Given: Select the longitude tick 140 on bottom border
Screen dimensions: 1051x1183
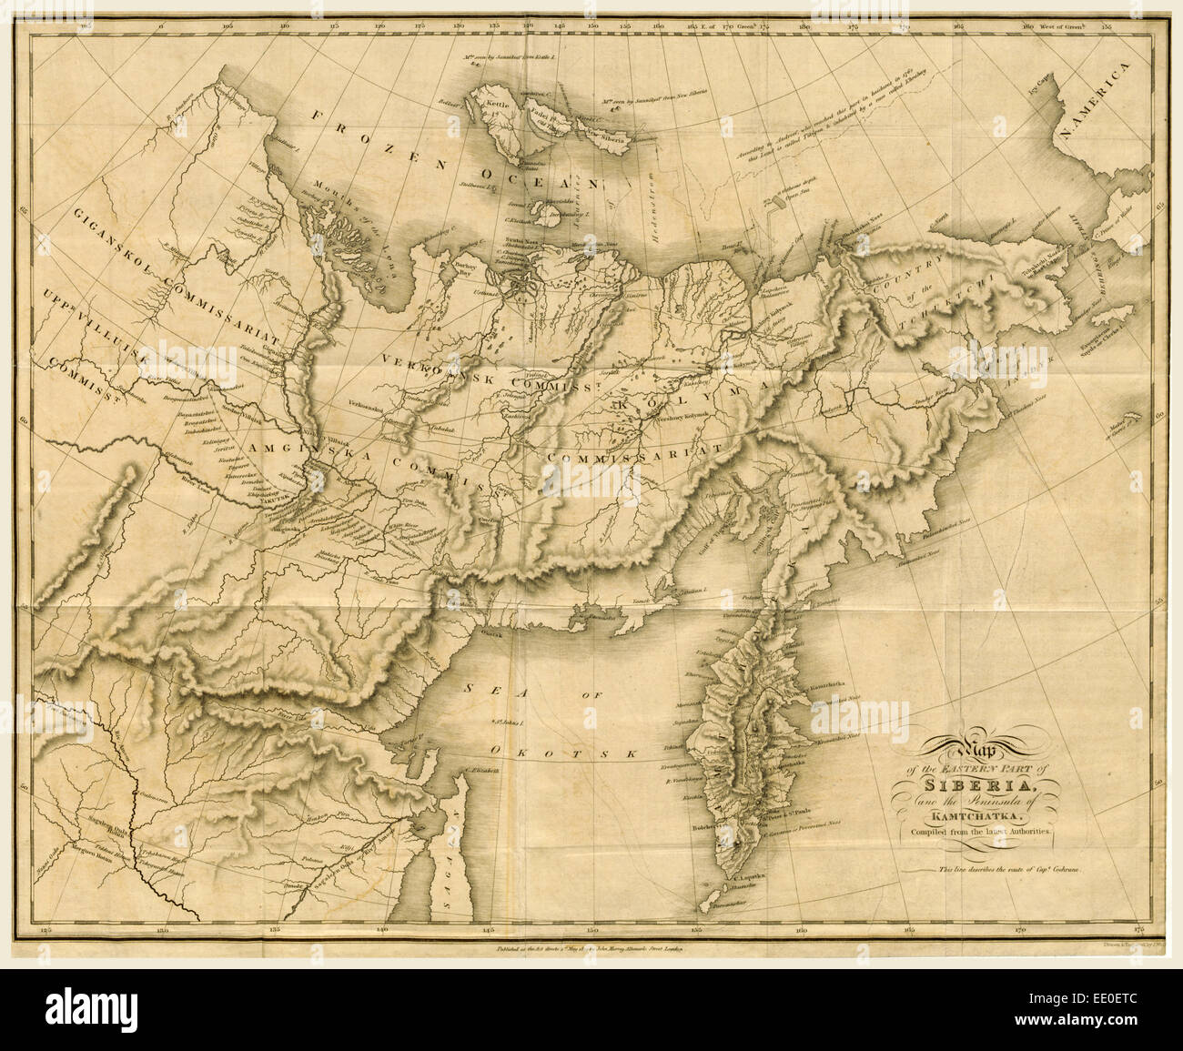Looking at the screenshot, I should coord(381,931).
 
